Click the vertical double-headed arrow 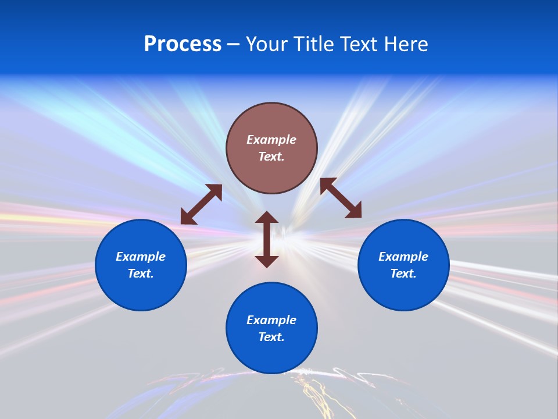point(267,239)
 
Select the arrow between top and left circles point(201,204)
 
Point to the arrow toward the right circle point(341,198)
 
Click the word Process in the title point(183,44)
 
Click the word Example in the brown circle point(271,140)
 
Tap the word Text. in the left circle point(141,274)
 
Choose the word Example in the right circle point(403,257)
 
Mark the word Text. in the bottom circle point(271,337)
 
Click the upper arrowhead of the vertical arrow point(267,218)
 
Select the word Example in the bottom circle point(271,320)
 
